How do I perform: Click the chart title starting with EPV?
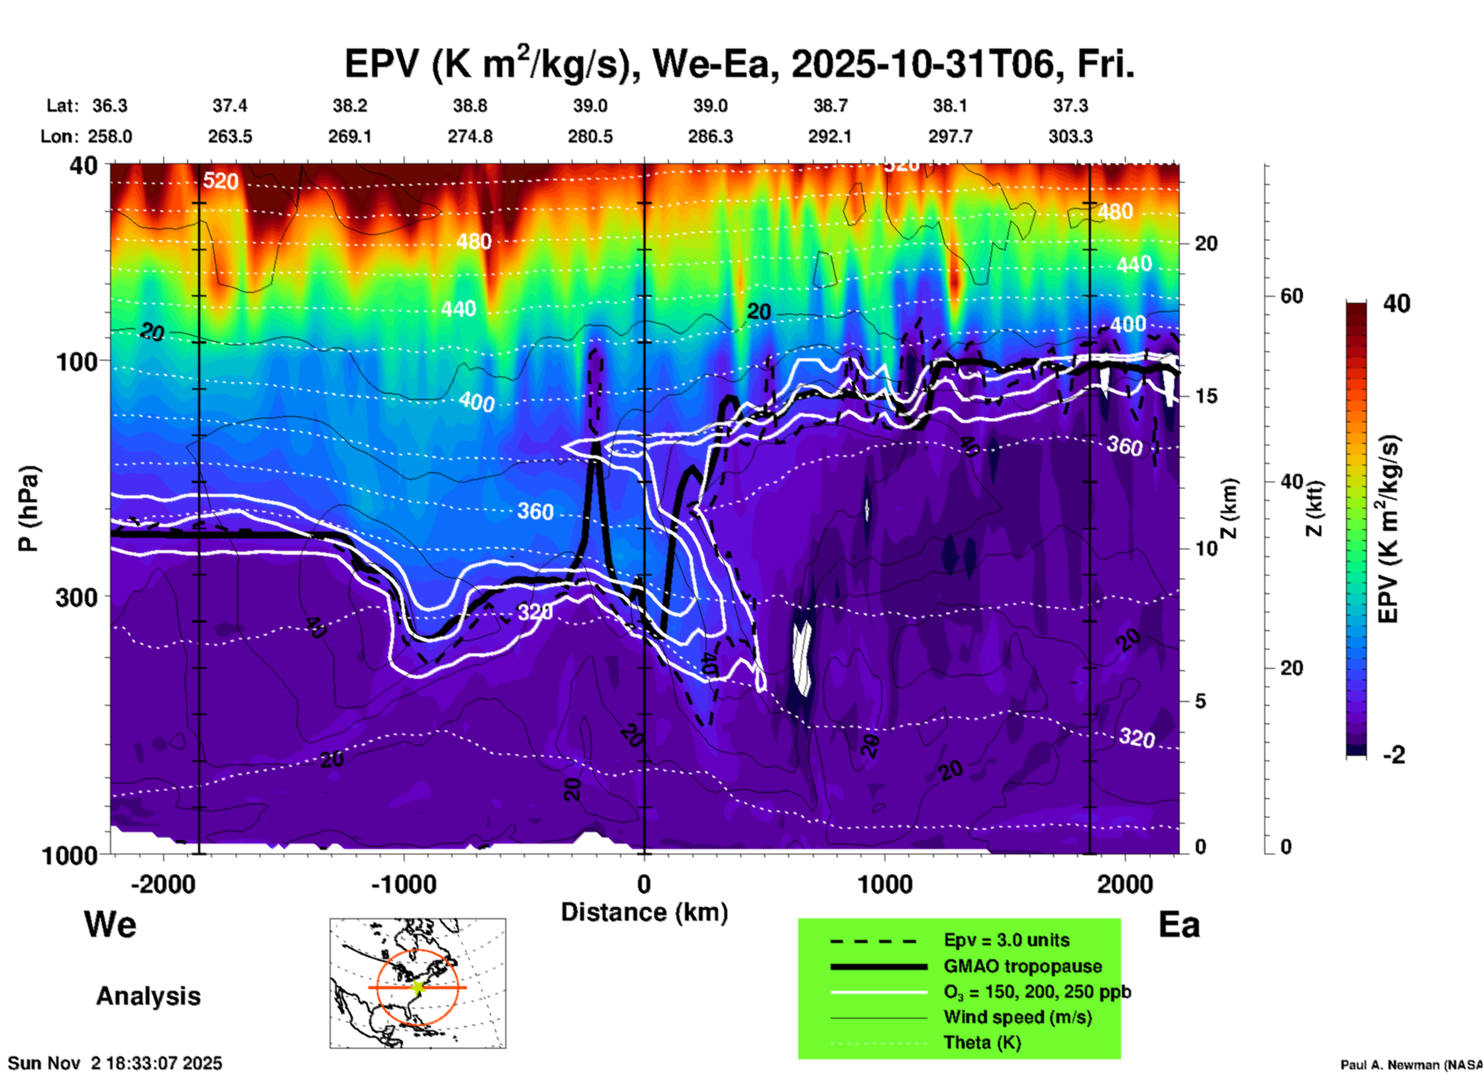[739, 63]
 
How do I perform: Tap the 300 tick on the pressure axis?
[76, 597]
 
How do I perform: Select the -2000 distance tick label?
[163, 884]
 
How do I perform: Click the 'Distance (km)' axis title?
[644, 912]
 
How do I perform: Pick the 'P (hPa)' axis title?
[28, 508]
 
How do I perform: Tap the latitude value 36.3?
[110, 106]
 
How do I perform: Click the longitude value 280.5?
[590, 136]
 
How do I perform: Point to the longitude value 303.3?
[1070, 136]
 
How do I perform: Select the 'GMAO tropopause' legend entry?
[1022, 966]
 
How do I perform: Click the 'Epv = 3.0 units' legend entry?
[1006, 940]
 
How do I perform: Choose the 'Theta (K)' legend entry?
[982, 1042]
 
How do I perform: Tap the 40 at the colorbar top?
[1396, 304]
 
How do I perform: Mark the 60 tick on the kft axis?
[1292, 296]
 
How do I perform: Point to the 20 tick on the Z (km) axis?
[1206, 243]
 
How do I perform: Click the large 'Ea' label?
[1179, 925]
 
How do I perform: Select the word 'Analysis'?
[148, 996]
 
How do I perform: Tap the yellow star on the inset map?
[418, 987]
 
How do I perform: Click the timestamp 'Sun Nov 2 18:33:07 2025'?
[115, 1063]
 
